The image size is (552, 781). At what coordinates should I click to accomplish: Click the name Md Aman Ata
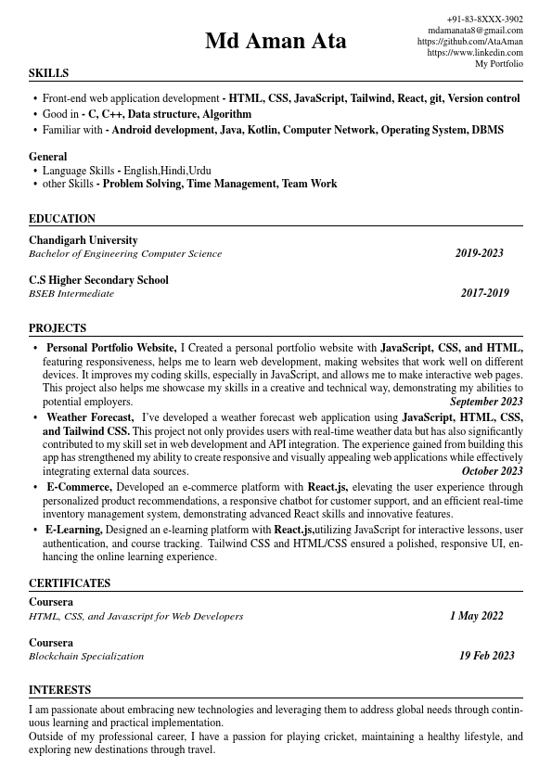(276, 42)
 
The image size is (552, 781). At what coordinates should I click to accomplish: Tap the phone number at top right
(484, 19)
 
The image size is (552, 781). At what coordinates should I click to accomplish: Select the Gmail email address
(475, 31)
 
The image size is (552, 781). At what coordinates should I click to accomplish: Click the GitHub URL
(469, 42)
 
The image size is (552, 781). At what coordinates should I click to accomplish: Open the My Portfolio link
(499, 64)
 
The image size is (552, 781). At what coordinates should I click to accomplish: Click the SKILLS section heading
(48, 73)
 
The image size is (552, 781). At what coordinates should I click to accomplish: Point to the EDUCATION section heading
(62, 219)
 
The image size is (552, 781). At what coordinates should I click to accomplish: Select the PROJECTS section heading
(58, 328)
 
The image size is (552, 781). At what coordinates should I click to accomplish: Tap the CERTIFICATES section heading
(70, 583)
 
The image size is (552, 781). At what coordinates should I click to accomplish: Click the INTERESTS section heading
(59, 690)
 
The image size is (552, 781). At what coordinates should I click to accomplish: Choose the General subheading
(48, 157)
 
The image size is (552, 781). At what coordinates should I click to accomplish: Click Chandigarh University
(83, 240)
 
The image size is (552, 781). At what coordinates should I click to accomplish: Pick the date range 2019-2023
(479, 253)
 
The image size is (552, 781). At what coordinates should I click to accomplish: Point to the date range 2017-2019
(484, 293)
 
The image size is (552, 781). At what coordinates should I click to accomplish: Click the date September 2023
(486, 403)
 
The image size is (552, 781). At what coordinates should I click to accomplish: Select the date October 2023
(492, 471)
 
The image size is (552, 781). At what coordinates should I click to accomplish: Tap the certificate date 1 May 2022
(476, 616)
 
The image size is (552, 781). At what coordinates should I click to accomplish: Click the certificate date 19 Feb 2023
(486, 656)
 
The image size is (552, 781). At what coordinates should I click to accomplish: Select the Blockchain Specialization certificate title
(86, 656)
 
